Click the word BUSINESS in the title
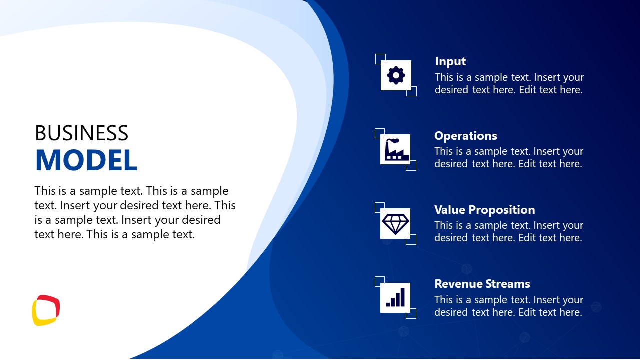[x=81, y=133]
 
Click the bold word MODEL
[x=86, y=160]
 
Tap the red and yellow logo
[x=46, y=310]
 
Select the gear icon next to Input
[x=396, y=75]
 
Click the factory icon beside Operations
[x=395, y=149]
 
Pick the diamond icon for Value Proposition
[x=395, y=223]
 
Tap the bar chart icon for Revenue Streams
[x=395, y=297]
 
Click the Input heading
[x=450, y=61]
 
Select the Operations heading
[x=466, y=136]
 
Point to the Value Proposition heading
[x=484, y=210]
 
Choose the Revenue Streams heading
[x=482, y=284]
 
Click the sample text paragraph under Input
[x=509, y=84]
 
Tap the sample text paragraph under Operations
[x=508, y=158]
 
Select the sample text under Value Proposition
[x=508, y=232]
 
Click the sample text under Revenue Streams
[x=508, y=306]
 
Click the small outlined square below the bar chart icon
[x=411, y=313]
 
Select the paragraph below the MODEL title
[x=135, y=212]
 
